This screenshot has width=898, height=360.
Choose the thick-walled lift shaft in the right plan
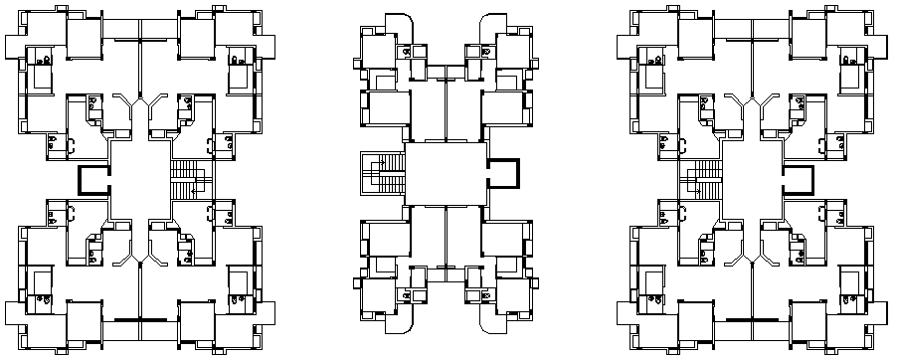[x=798, y=181]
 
